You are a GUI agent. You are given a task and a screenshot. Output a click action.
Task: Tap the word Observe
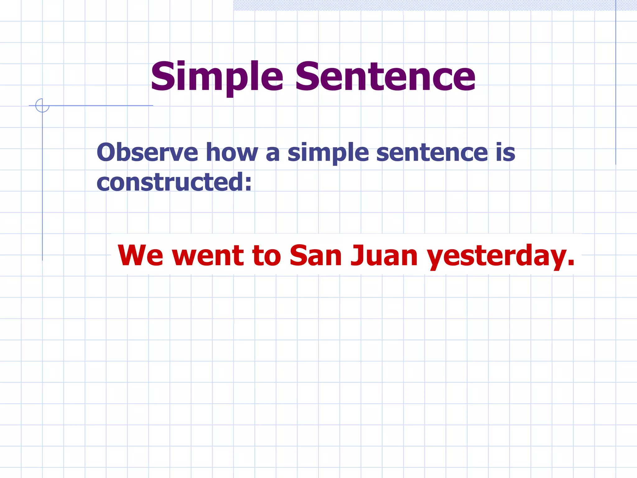point(147,152)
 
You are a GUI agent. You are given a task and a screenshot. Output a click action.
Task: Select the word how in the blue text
point(232,152)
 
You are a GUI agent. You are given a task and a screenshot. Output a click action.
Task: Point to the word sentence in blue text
point(432,152)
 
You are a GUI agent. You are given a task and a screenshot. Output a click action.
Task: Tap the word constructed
point(170,182)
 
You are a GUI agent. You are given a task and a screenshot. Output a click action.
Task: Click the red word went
point(208,256)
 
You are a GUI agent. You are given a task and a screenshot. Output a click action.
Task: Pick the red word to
point(267,256)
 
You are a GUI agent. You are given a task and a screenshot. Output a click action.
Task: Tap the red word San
point(316,256)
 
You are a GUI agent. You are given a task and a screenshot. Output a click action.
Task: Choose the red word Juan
point(384,256)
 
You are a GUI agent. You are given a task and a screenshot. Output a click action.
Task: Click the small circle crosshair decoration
point(42,105)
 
